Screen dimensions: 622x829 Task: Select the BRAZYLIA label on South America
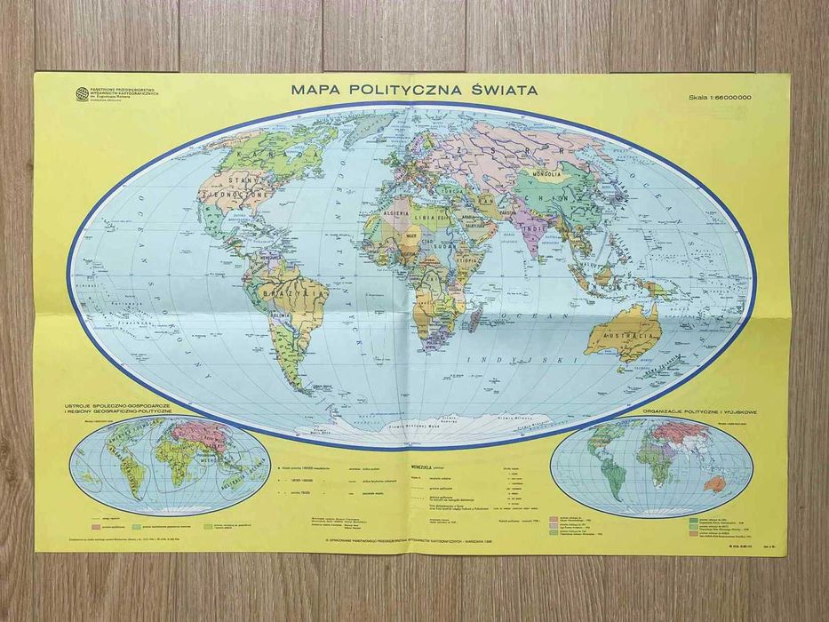[x=285, y=291]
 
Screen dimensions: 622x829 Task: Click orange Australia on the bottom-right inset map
[x=714, y=484]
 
